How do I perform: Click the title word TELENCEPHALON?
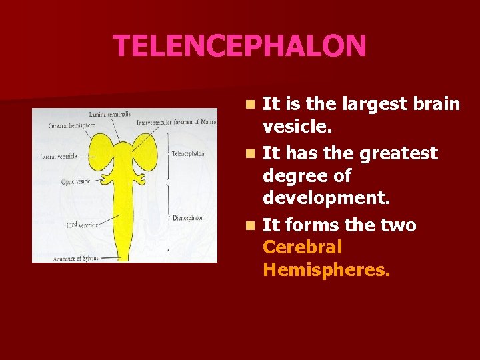coord(239,46)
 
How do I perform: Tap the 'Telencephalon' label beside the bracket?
coord(187,153)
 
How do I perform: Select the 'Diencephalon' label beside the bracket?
coord(187,217)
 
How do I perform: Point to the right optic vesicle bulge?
coord(141,179)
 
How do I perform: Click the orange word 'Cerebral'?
coord(303,247)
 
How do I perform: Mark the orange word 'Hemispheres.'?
coord(327,270)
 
